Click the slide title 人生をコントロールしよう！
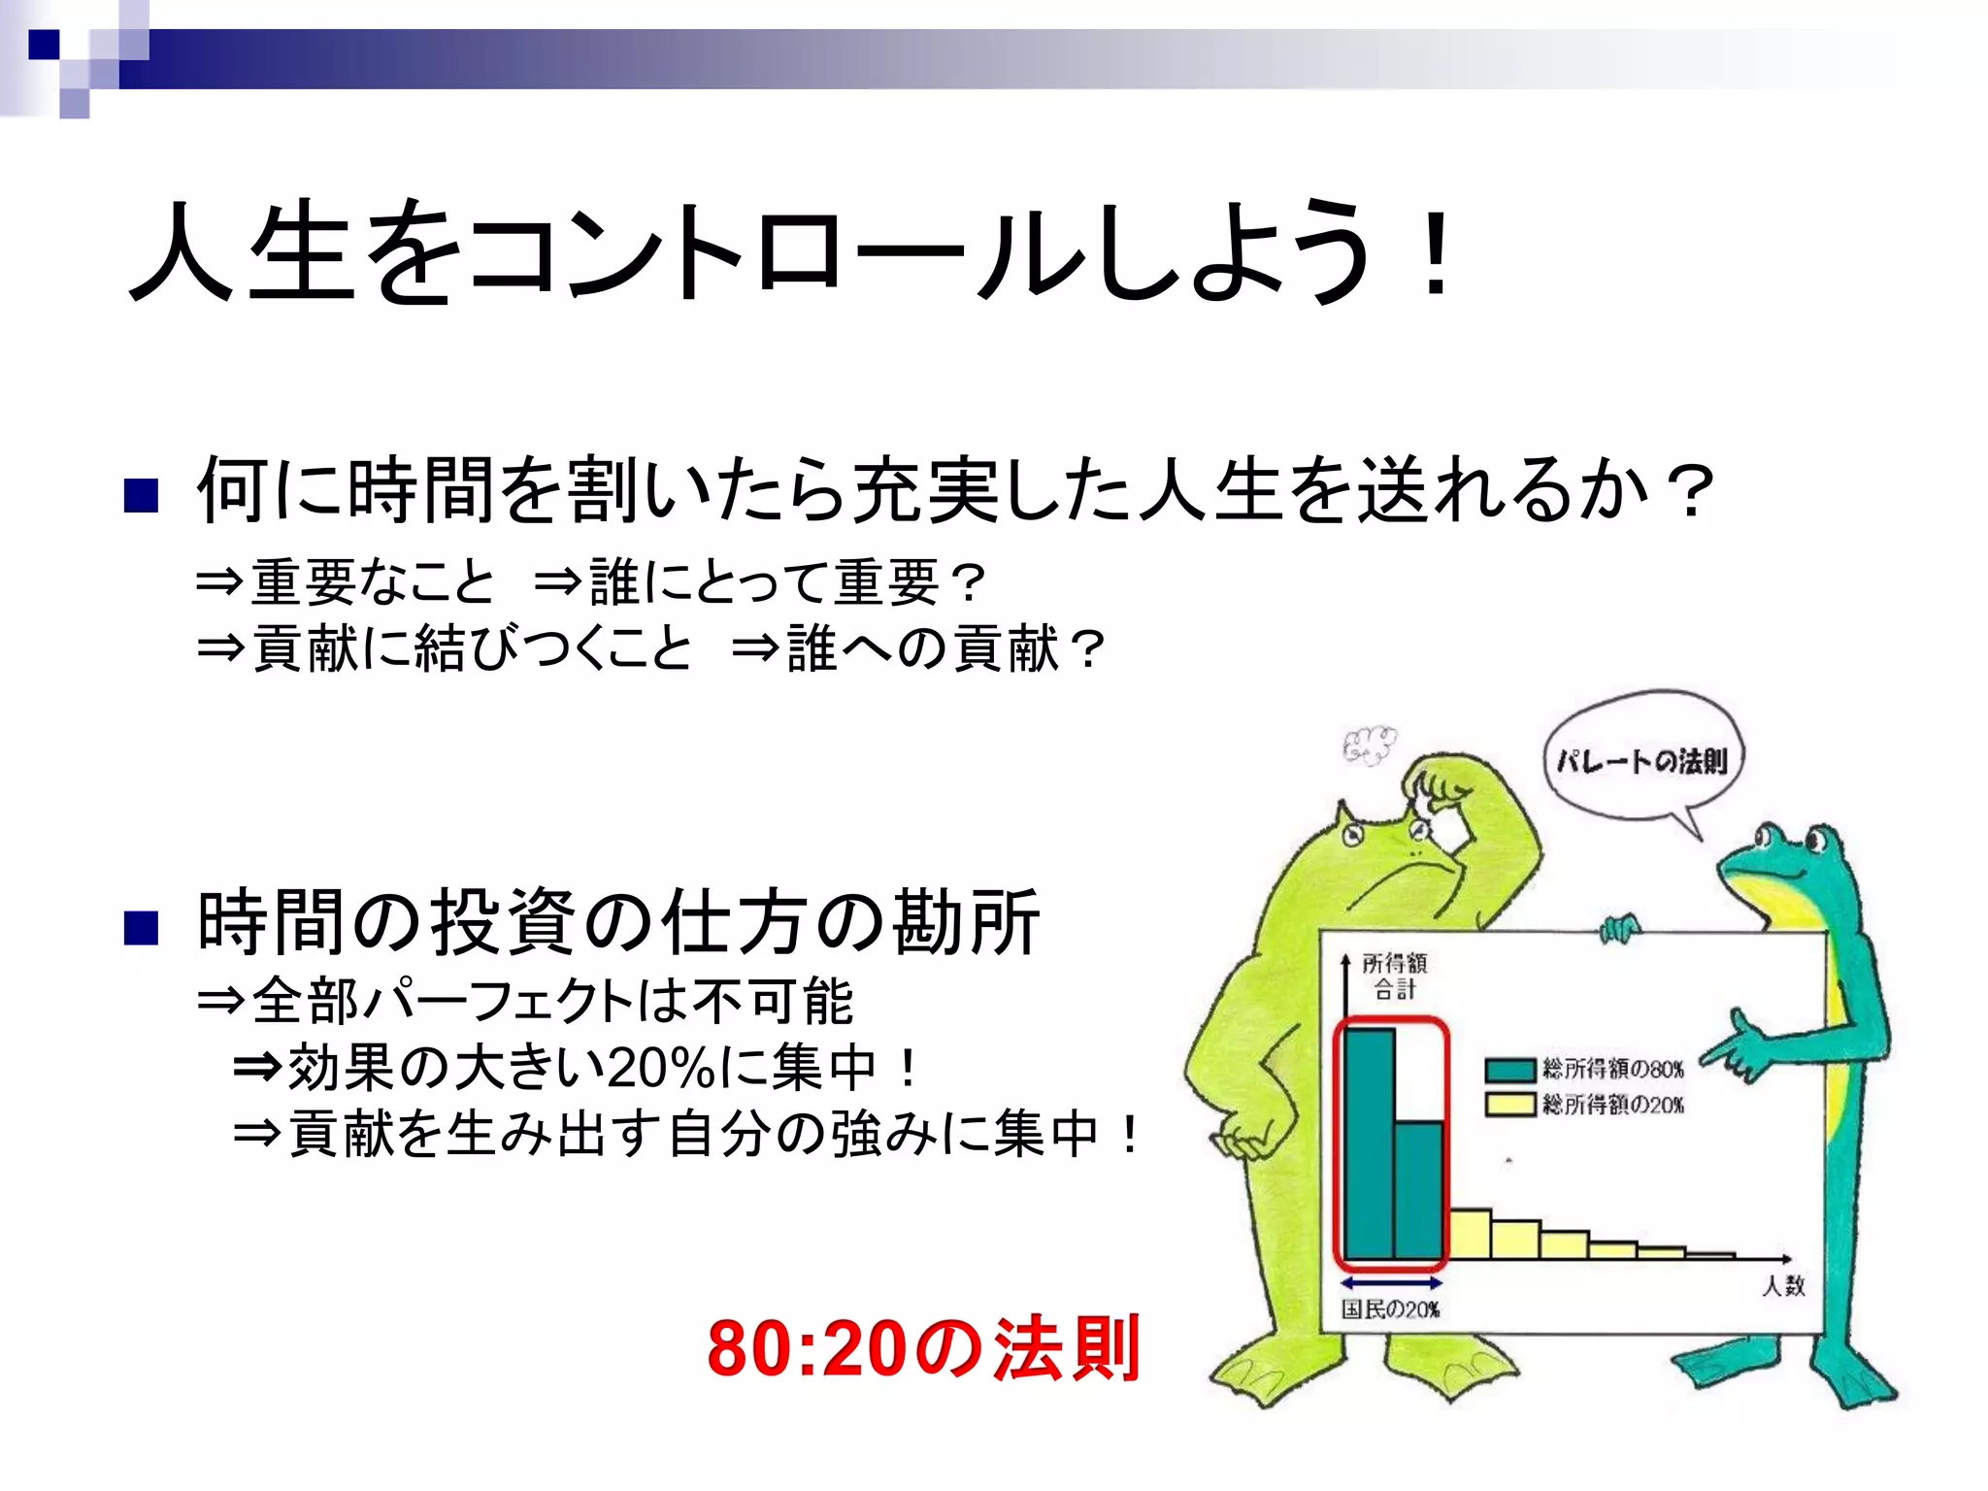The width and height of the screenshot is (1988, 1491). point(791,252)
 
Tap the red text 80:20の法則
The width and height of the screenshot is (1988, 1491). point(922,1349)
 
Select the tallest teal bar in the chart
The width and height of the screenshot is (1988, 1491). point(1369,1145)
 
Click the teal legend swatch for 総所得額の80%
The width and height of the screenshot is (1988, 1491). point(1509,1070)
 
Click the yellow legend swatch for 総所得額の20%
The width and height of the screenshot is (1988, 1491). point(1509,1105)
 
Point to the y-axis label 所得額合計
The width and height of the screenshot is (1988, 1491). point(1394,976)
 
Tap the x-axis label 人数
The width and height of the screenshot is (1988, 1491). point(1783,1285)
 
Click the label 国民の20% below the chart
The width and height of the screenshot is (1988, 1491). point(1390,1309)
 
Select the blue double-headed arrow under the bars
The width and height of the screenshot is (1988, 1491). point(1390,1283)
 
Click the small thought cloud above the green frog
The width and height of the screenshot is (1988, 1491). point(1370,745)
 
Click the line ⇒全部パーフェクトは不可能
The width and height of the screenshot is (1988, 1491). point(524,1002)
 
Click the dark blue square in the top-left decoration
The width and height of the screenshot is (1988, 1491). point(44,45)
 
